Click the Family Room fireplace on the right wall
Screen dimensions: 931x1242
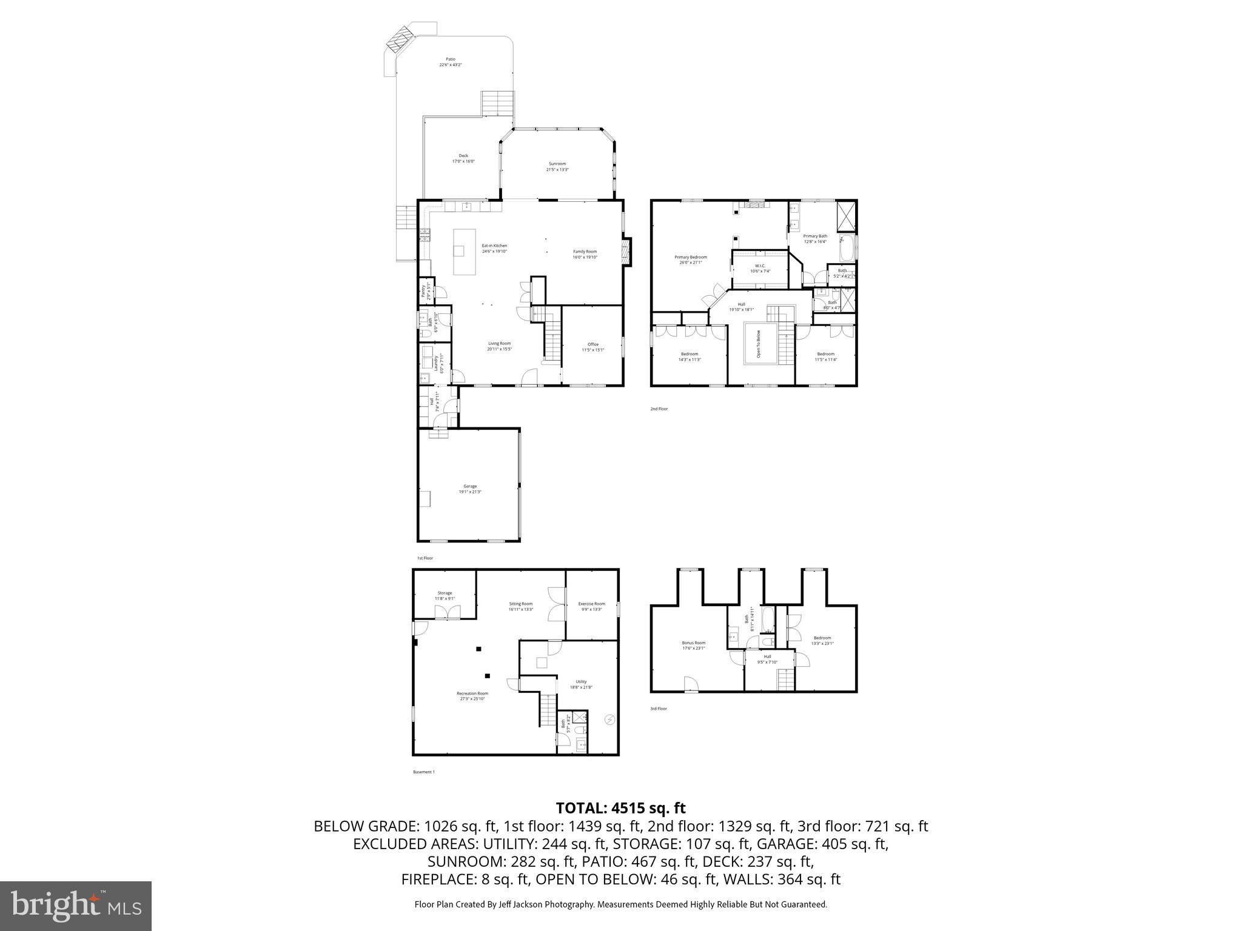(626, 252)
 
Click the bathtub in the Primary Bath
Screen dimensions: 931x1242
(847, 249)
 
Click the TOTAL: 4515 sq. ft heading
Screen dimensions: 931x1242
(620, 808)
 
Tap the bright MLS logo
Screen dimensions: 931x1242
(76, 906)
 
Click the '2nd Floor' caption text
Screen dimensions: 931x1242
(659, 409)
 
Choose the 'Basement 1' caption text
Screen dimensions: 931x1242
(424, 772)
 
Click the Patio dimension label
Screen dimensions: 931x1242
(451, 65)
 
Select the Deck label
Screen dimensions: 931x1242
(463, 156)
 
